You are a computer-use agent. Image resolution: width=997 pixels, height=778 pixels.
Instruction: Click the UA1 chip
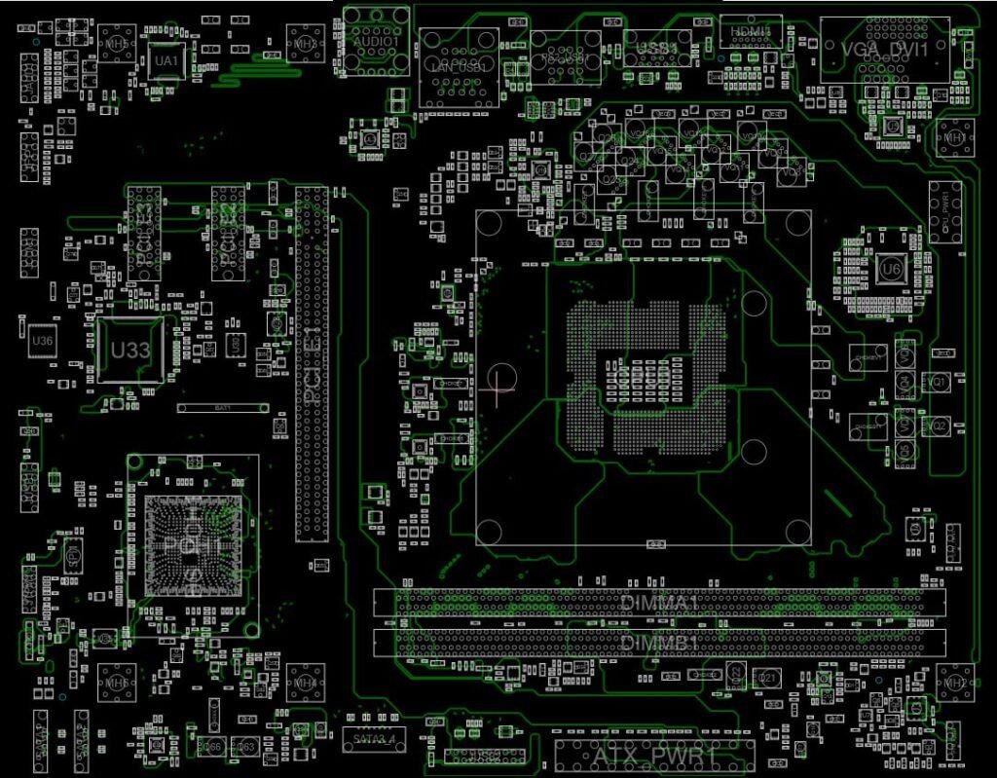166,61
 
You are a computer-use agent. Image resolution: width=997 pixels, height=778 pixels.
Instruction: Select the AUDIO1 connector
376,43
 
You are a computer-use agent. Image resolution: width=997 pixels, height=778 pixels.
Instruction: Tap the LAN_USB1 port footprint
458,66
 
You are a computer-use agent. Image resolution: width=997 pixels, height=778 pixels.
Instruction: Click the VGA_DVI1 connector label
884,48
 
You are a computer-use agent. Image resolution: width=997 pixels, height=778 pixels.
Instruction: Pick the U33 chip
129,350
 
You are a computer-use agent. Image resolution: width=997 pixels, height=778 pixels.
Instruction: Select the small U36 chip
42,341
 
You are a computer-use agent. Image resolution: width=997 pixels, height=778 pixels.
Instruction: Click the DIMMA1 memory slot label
660,603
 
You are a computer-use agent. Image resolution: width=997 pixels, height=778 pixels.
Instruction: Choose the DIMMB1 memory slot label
658,644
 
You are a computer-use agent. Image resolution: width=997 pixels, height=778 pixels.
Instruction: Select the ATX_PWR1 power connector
654,756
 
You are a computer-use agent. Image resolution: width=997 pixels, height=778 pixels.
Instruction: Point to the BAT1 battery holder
223,407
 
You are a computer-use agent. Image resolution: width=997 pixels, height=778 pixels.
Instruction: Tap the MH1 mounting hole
955,138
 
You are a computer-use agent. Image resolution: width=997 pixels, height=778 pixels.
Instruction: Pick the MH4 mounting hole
305,683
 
